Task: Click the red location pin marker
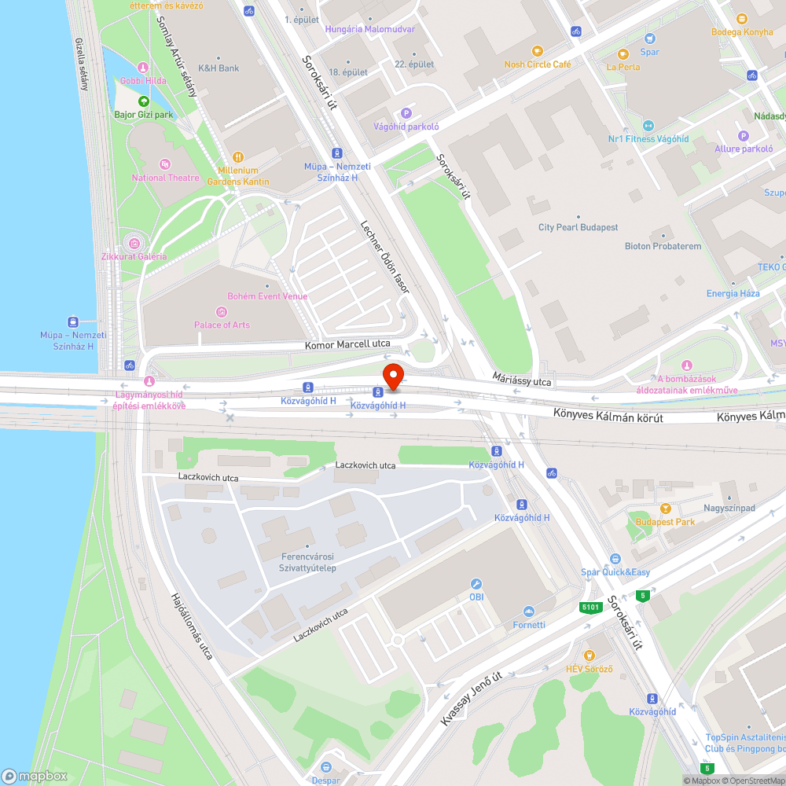(x=392, y=376)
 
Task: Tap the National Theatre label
(x=166, y=178)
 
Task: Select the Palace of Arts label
(x=222, y=325)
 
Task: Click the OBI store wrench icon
(x=476, y=584)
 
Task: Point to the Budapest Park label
(x=665, y=522)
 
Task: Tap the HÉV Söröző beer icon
(x=589, y=656)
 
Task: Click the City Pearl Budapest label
(x=578, y=227)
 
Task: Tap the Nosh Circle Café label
(x=538, y=64)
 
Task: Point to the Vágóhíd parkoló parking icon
(x=406, y=113)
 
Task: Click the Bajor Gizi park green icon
(x=143, y=101)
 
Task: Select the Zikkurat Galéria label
(x=134, y=256)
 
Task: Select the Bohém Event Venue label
(x=267, y=296)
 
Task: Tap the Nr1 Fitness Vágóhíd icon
(x=648, y=126)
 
